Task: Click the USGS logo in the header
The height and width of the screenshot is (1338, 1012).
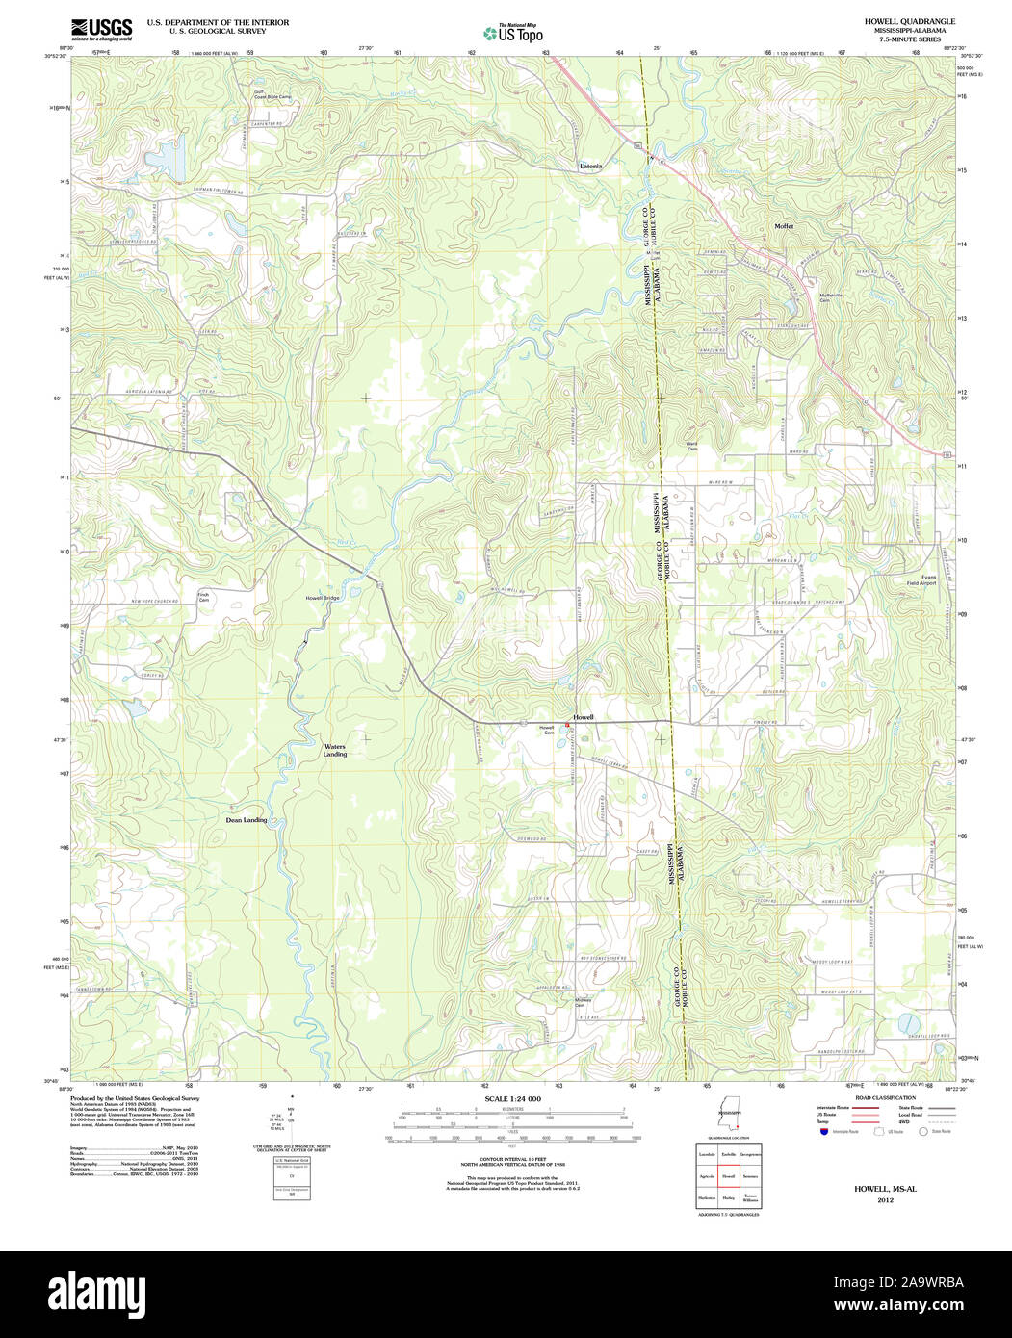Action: [x=101, y=29]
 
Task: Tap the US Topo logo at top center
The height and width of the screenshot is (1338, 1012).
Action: [x=512, y=33]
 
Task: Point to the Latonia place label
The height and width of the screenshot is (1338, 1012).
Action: [x=590, y=166]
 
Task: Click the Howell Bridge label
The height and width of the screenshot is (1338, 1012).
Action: [x=323, y=598]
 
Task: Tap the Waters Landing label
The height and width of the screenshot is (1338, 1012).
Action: [x=334, y=750]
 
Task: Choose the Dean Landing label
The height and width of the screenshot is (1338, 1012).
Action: [x=246, y=820]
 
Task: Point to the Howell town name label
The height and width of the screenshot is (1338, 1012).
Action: [x=584, y=717]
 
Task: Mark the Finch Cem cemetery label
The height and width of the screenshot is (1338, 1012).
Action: [x=203, y=597]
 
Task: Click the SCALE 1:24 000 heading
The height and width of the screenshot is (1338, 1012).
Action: [x=512, y=1099]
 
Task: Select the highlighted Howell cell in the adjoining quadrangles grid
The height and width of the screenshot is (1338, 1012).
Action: [x=728, y=1176]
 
